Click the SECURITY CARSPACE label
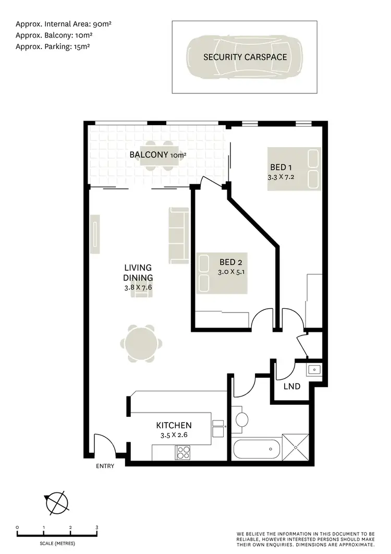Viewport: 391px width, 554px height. tap(245, 57)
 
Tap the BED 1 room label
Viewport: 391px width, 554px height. tap(281, 167)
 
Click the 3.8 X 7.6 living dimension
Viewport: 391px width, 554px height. tap(138, 287)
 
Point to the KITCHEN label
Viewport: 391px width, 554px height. tap(174, 426)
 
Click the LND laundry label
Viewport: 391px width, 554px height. tap(292, 387)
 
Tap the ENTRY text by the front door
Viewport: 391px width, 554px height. tap(104, 466)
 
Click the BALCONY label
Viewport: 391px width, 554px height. tap(149, 154)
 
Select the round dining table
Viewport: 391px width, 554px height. tap(141, 344)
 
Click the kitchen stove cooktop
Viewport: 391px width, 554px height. tap(183, 452)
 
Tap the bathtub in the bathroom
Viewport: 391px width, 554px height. tap(256, 448)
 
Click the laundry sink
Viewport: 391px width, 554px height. tap(314, 370)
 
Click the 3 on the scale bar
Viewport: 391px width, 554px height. tap(97, 528)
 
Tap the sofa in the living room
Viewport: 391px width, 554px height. tap(179, 235)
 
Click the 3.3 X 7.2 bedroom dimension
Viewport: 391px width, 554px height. tap(281, 177)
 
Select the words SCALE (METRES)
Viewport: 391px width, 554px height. tap(57, 543)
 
